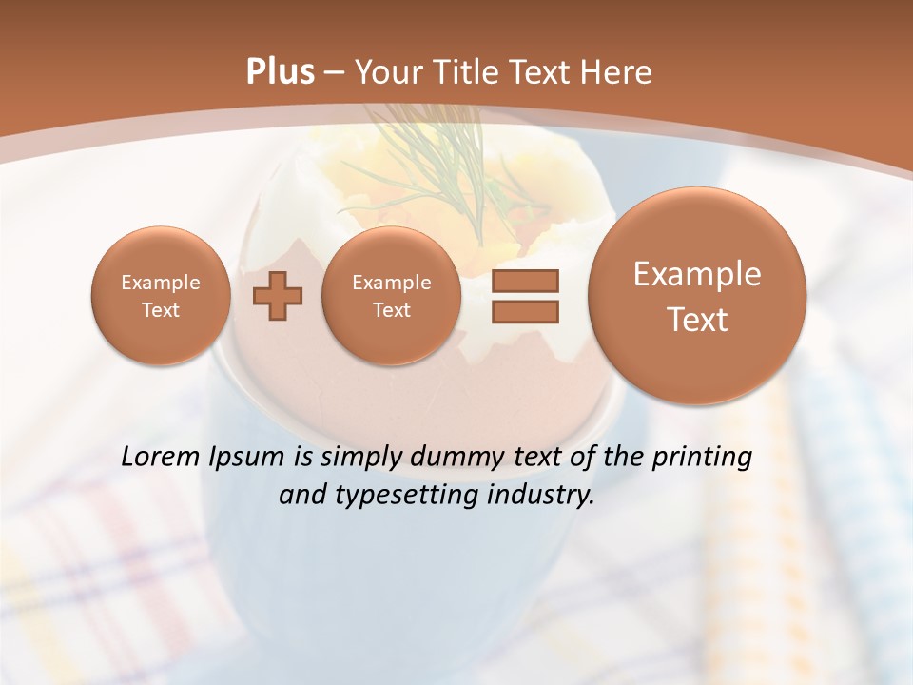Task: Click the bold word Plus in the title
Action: click(280, 72)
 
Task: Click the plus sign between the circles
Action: click(278, 296)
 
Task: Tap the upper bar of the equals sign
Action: click(525, 282)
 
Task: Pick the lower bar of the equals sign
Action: click(525, 311)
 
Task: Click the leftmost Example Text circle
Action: click(161, 296)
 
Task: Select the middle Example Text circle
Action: click(391, 296)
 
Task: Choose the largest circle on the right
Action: click(697, 296)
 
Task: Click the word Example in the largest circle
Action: click(697, 274)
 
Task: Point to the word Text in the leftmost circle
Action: click(161, 310)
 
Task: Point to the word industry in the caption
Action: click(545, 496)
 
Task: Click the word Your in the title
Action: click(387, 72)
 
